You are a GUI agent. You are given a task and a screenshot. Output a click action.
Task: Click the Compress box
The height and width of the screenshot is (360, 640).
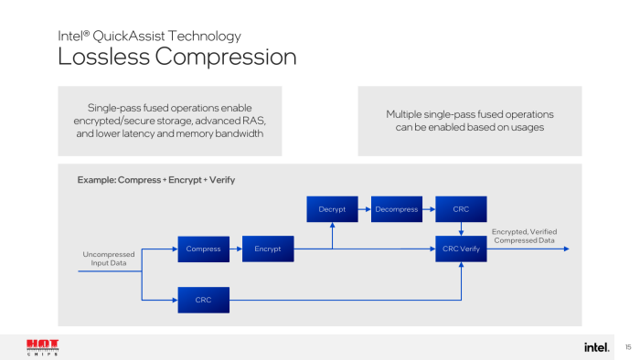tap(203, 249)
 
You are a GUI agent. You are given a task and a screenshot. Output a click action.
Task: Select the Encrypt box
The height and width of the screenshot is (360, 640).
tap(268, 249)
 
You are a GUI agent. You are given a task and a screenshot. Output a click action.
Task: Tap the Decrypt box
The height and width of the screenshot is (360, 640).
tap(332, 209)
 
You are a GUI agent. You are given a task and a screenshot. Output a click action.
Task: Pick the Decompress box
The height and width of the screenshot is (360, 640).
tap(396, 209)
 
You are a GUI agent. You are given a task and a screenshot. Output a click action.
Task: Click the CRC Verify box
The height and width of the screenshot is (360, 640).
tap(461, 249)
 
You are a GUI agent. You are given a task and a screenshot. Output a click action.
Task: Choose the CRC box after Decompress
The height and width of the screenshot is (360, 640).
tap(461, 209)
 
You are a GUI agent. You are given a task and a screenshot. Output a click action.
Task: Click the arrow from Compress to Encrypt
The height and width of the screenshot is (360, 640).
tap(236, 249)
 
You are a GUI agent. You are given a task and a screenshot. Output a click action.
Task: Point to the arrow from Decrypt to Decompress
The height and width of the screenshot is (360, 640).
tap(364, 209)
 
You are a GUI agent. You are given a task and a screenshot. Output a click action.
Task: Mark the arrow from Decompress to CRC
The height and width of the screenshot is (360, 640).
tap(429, 209)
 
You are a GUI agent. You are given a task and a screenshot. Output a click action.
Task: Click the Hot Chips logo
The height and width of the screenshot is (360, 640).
tap(42, 347)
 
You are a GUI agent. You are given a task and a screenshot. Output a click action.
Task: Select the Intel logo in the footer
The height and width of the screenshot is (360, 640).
tap(597, 347)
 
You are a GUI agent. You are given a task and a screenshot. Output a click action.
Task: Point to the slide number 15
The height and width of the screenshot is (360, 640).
tap(628, 347)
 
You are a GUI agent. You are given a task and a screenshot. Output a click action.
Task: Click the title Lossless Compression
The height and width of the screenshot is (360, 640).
tap(177, 57)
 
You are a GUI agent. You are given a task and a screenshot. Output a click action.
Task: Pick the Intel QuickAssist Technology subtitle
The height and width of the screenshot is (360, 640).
tap(150, 37)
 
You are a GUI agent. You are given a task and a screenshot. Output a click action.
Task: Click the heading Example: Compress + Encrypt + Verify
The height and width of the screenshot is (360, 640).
tap(156, 180)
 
